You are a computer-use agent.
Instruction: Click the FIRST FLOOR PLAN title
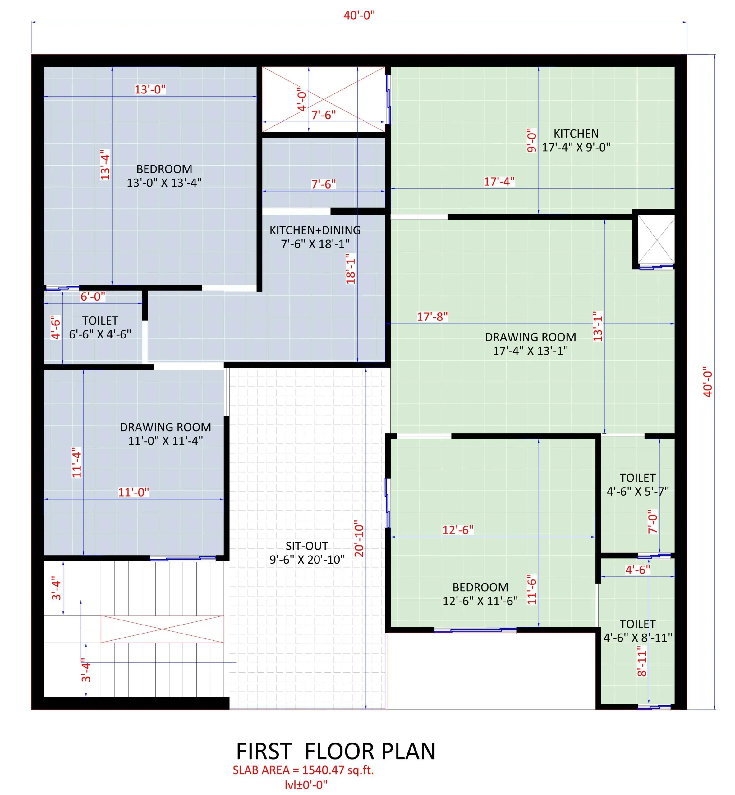336,751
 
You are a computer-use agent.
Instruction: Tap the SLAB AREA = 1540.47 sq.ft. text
303,770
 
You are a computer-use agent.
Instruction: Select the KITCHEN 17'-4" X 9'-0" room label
576,140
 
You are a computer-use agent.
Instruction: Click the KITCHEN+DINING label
315,230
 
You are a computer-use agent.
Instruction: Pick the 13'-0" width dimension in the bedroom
149,89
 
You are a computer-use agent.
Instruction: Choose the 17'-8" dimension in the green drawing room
432,317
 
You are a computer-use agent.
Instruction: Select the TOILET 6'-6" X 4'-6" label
100,328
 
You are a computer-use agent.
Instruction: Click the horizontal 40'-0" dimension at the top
359,15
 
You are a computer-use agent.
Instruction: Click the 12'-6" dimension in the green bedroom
457,530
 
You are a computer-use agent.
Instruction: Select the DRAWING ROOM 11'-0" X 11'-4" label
165,434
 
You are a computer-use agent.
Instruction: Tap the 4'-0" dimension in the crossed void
302,99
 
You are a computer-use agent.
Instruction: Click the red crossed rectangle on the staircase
162,629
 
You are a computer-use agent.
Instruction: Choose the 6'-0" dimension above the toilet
93,297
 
